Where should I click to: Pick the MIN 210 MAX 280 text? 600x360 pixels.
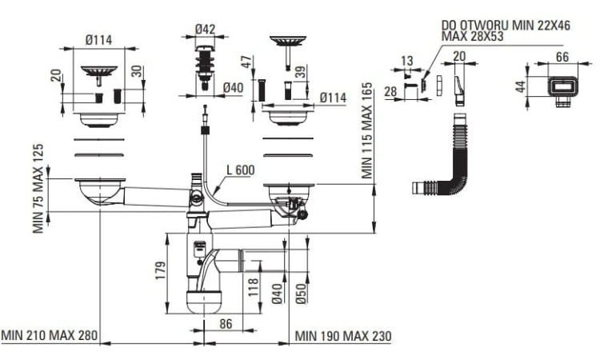coord(49,336)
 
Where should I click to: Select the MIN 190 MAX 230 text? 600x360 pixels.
coord(343,336)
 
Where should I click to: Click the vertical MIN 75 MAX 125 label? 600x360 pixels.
coord(38,189)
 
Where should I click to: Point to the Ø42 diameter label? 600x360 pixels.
coord(206,30)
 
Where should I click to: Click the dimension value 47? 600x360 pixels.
coord(247,61)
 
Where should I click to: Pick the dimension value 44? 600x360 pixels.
coord(521,86)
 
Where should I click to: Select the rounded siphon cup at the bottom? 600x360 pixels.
coord(205,302)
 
